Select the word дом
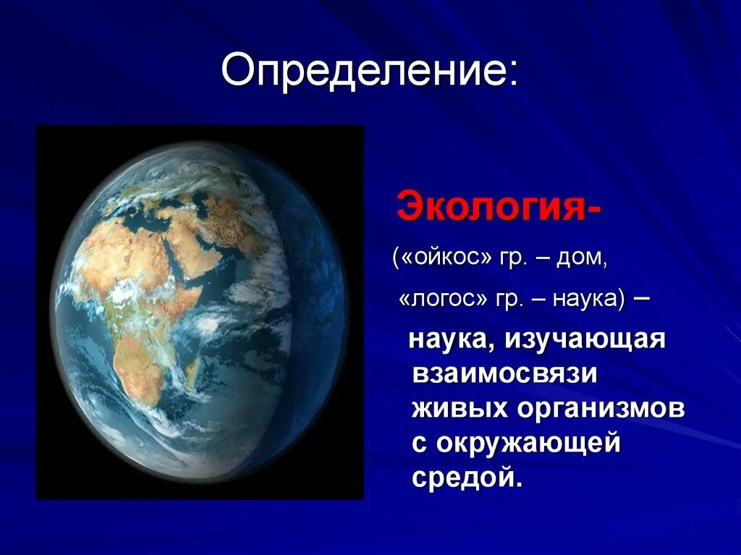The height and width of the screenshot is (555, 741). tap(580, 260)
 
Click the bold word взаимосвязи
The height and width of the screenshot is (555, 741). tap(504, 373)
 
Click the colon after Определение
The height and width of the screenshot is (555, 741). tap(513, 76)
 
